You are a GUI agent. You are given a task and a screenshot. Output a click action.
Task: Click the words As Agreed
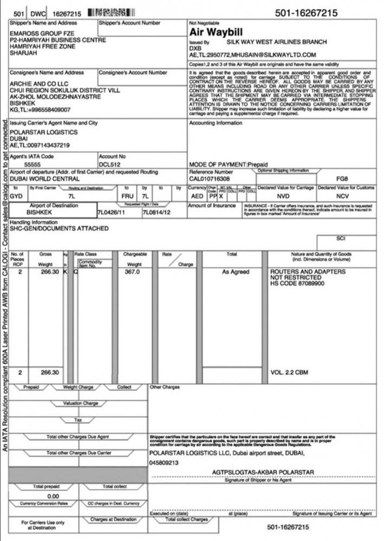click(236, 272)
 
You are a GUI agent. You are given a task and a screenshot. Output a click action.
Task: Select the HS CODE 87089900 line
click(297, 283)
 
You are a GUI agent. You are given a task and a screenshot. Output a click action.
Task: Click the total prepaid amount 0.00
click(54, 496)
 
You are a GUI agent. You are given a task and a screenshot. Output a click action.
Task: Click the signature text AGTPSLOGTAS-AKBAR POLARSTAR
click(264, 472)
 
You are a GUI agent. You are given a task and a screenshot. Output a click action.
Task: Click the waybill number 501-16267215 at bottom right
click(288, 526)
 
